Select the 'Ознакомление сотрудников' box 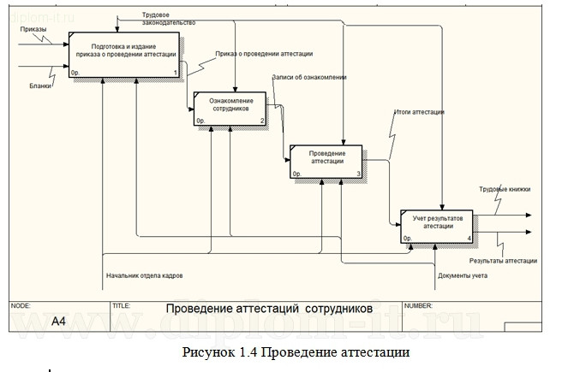click(230, 109)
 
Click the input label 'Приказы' click(33, 29)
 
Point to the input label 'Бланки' click(39, 85)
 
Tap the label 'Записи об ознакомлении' click(308, 77)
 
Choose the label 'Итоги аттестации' click(419, 112)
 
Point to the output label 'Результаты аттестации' click(503, 260)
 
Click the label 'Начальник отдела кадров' click(144, 275)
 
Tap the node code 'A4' click(58, 322)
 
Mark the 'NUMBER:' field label click(418, 304)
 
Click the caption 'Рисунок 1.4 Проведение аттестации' click(296, 351)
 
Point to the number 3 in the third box click(359, 174)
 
